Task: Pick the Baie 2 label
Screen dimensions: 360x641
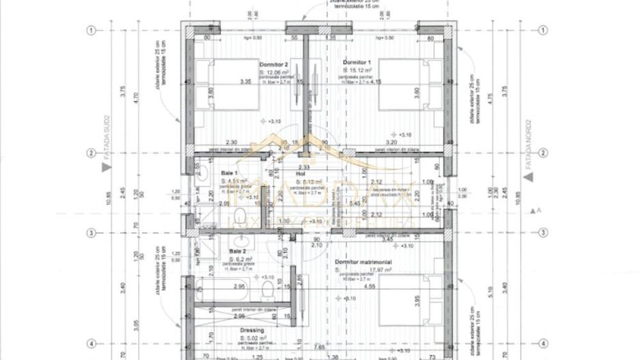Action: coord(238,252)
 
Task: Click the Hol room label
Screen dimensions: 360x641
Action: coord(300,174)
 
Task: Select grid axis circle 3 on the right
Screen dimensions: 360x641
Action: coord(544,233)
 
